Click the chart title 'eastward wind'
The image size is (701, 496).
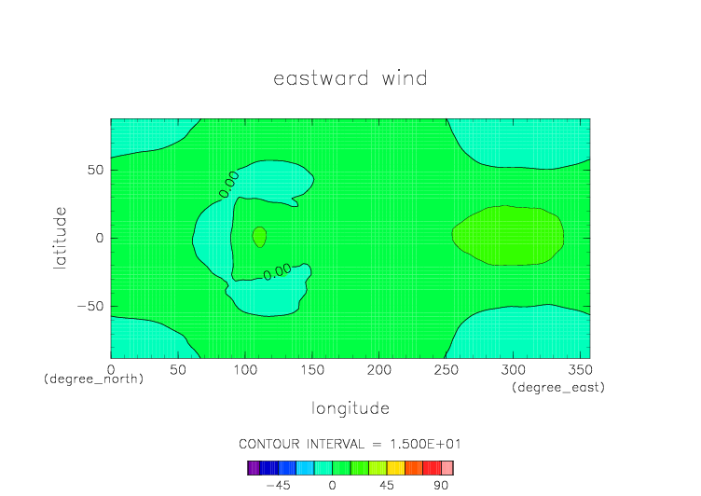coord(350,78)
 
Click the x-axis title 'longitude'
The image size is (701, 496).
coord(350,408)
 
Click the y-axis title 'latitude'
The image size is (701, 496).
coord(60,238)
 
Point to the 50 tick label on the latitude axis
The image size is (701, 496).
coord(95,170)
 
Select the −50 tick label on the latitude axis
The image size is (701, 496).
coord(90,307)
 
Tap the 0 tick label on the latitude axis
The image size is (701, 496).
coord(99,238)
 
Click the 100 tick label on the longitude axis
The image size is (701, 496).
coord(245,370)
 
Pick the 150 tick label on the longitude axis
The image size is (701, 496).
coord(312,370)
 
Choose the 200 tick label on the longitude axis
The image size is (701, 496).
coord(379,370)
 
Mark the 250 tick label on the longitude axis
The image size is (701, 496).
coord(447,370)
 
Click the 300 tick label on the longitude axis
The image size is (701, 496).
coord(513,370)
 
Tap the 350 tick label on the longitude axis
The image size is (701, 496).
coord(580,370)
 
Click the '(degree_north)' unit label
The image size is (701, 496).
coord(93,379)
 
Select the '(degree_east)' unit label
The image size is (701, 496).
coord(558,387)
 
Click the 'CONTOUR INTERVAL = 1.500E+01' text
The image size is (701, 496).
coord(350,444)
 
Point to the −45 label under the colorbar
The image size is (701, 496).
coord(278,485)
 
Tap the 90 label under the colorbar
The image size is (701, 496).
coord(441,485)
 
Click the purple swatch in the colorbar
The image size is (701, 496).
coord(254,468)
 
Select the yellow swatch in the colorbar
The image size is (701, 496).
coord(395,468)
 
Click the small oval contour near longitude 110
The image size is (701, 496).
coord(259,237)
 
